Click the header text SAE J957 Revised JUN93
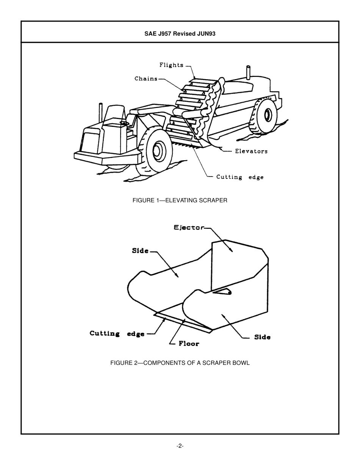pos(180,33)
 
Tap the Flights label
pos(171,65)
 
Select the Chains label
pos(146,79)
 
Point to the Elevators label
pos(251,151)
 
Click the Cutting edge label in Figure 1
pos(239,177)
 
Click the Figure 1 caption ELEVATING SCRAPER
pos(180,200)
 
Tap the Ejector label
pos(189,228)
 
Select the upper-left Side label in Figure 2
pos(140,251)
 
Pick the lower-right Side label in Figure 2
pos(262,337)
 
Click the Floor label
pos(189,344)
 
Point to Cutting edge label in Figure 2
pos(117,334)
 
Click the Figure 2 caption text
pos(180,363)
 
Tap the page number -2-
pos(180,446)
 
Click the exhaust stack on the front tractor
pos(101,113)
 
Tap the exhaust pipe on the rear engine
pos(249,72)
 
